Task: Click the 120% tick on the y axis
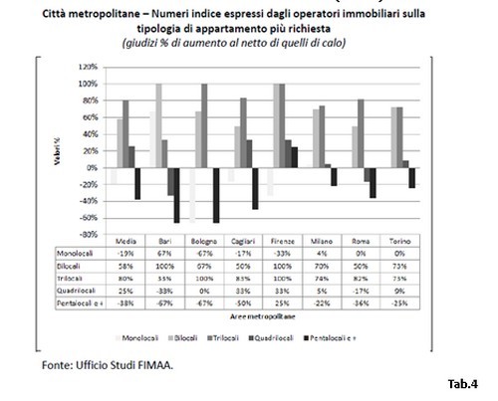[x=87, y=68]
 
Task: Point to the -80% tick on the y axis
[x=87, y=234]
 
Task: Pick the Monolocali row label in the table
[x=59, y=254]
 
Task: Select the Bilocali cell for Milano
[x=366, y=266]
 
